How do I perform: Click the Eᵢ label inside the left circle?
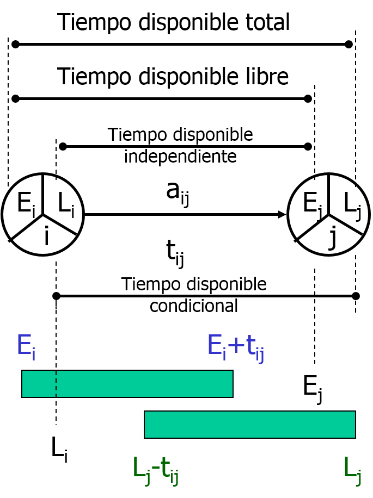click(x=25, y=204)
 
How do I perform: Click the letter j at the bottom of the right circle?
click(x=332, y=238)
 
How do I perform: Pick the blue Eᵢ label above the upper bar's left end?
click(x=26, y=346)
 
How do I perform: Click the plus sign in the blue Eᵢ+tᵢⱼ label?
click(x=236, y=346)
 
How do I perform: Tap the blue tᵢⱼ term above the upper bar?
click(x=254, y=347)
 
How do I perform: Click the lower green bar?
click(x=250, y=425)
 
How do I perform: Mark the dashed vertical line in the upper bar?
click(x=56, y=384)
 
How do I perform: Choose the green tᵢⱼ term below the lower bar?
click(x=169, y=469)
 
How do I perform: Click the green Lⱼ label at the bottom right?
click(x=352, y=469)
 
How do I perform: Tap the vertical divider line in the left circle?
click(x=43, y=195)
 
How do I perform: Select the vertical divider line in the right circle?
click(x=329, y=195)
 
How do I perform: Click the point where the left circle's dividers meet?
click(x=43, y=215)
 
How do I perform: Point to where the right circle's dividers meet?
click(x=329, y=215)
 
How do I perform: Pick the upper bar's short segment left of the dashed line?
click(x=39, y=384)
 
